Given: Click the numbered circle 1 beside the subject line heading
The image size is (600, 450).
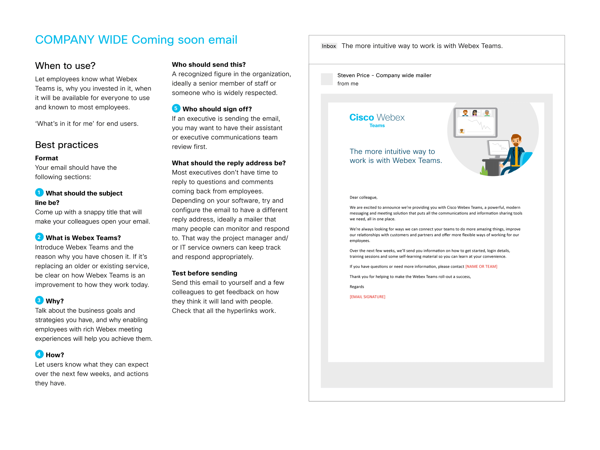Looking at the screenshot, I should pyautogui.click(x=39, y=193).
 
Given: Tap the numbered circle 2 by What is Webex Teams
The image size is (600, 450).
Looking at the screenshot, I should pyautogui.click(x=39, y=237).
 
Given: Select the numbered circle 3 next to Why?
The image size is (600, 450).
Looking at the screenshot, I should pyautogui.click(x=39, y=300).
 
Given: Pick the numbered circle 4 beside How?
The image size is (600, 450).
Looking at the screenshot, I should pyautogui.click(x=39, y=354).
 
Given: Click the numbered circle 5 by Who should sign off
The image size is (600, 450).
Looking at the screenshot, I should pyautogui.click(x=176, y=108).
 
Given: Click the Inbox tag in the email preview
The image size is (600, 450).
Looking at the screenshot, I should pyautogui.click(x=329, y=46).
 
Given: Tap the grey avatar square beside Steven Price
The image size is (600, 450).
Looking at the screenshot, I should pyautogui.click(x=327, y=79).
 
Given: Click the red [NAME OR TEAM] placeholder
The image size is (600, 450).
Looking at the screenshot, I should pyautogui.click(x=481, y=266).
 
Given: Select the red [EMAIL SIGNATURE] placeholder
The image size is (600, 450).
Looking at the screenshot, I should pyautogui.click(x=367, y=297).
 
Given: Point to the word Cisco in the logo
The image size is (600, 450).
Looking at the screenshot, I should pyautogui.click(x=361, y=117).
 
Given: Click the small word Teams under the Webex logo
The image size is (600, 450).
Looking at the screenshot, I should pyautogui.click(x=377, y=126).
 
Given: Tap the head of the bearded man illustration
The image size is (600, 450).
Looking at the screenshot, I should pyautogui.click(x=516, y=140).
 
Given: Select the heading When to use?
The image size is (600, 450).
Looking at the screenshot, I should pyautogui.click(x=65, y=66).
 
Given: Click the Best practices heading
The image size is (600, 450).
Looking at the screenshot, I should pyautogui.click(x=67, y=145).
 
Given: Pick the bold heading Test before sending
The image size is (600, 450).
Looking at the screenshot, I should pyautogui.click(x=204, y=273).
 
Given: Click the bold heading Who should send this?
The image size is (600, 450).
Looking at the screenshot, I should pyautogui.click(x=208, y=64).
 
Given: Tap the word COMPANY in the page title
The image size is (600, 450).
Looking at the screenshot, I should pyautogui.click(x=65, y=40).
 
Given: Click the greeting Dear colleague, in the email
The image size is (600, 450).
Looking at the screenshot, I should pyautogui.click(x=363, y=197).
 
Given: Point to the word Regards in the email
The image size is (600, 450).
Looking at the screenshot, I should pyautogui.click(x=357, y=287).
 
